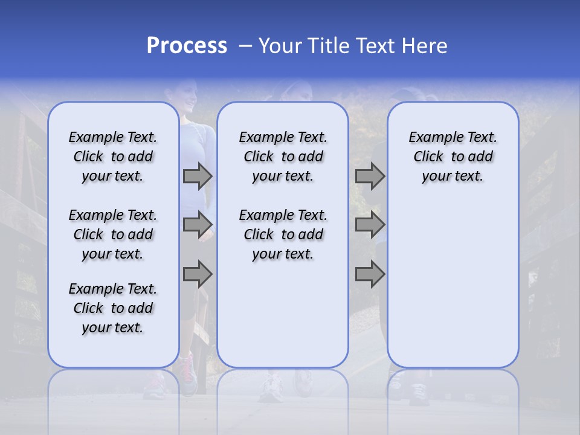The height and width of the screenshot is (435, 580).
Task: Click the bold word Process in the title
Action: point(187,46)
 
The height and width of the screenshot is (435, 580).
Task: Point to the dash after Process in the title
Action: point(245,46)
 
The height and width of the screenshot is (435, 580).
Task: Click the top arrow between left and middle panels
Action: point(198,176)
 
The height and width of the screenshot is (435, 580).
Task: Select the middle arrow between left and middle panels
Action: point(198,225)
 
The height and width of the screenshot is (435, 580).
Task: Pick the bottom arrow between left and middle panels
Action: point(198,274)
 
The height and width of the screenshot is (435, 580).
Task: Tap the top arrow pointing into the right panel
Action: point(370,176)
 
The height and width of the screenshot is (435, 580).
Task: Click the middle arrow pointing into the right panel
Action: point(370,225)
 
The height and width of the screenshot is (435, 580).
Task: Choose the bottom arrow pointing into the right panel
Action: point(370,274)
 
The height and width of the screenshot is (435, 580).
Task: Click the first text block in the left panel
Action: point(113,156)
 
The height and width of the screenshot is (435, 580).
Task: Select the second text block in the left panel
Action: point(113,234)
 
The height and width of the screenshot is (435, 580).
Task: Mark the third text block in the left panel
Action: point(113,308)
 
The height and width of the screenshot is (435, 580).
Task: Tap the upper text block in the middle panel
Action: point(283,156)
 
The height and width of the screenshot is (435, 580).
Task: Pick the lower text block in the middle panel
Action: point(283,234)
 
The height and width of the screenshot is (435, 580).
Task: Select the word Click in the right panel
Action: point(428,157)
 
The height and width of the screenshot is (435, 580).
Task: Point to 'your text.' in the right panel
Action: point(453,176)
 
